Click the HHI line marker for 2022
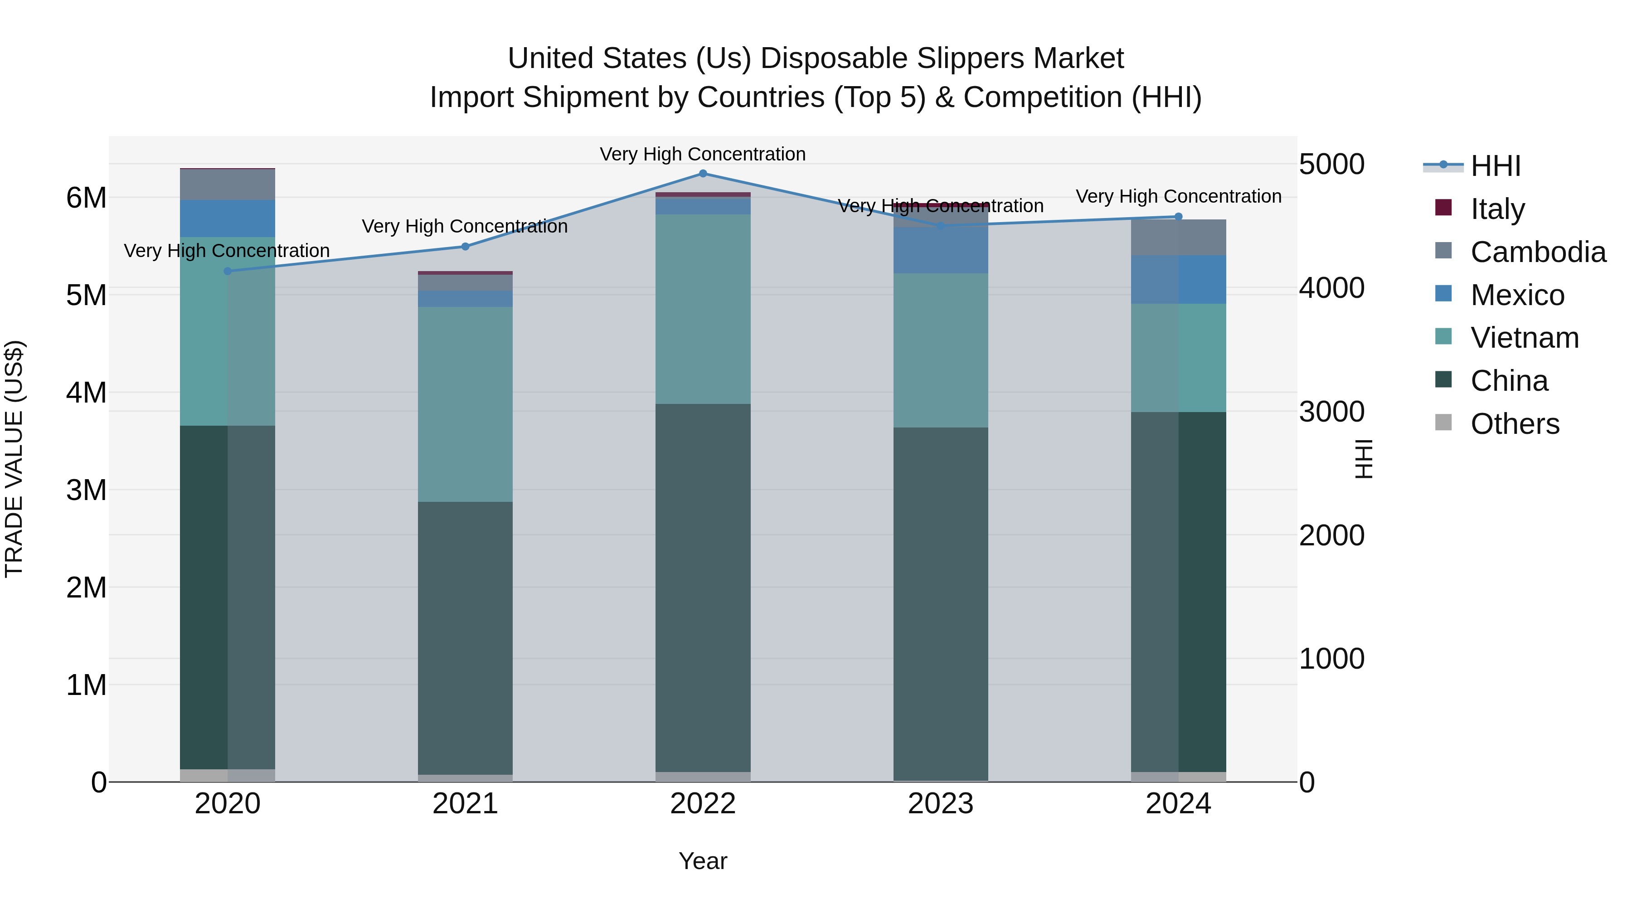pyautogui.click(x=703, y=174)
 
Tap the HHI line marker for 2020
pyautogui.click(x=228, y=271)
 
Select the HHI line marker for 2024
pyautogui.click(x=1178, y=217)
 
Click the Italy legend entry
pyautogui.click(x=1497, y=209)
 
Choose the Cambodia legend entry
pyautogui.click(x=1538, y=252)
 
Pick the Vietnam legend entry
pyautogui.click(x=1524, y=338)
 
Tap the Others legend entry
pyautogui.click(x=1514, y=424)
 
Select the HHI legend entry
pyautogui.click(x=1495, y=166)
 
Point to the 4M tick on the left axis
pyautogui.click(x=86, y=392)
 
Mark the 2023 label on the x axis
pyautogui.click(x=940, y=804)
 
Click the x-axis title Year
pyautogui.click(x=703, y=861)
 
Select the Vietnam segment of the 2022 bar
pyautogui.click(x=703, y=309)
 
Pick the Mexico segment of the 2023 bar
pyautogui.click(x=940, y=250)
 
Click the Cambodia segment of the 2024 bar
pyautogui.click(x=1178, y=238)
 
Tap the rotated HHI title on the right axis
pyautogui.click(x=1363, y=459)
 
